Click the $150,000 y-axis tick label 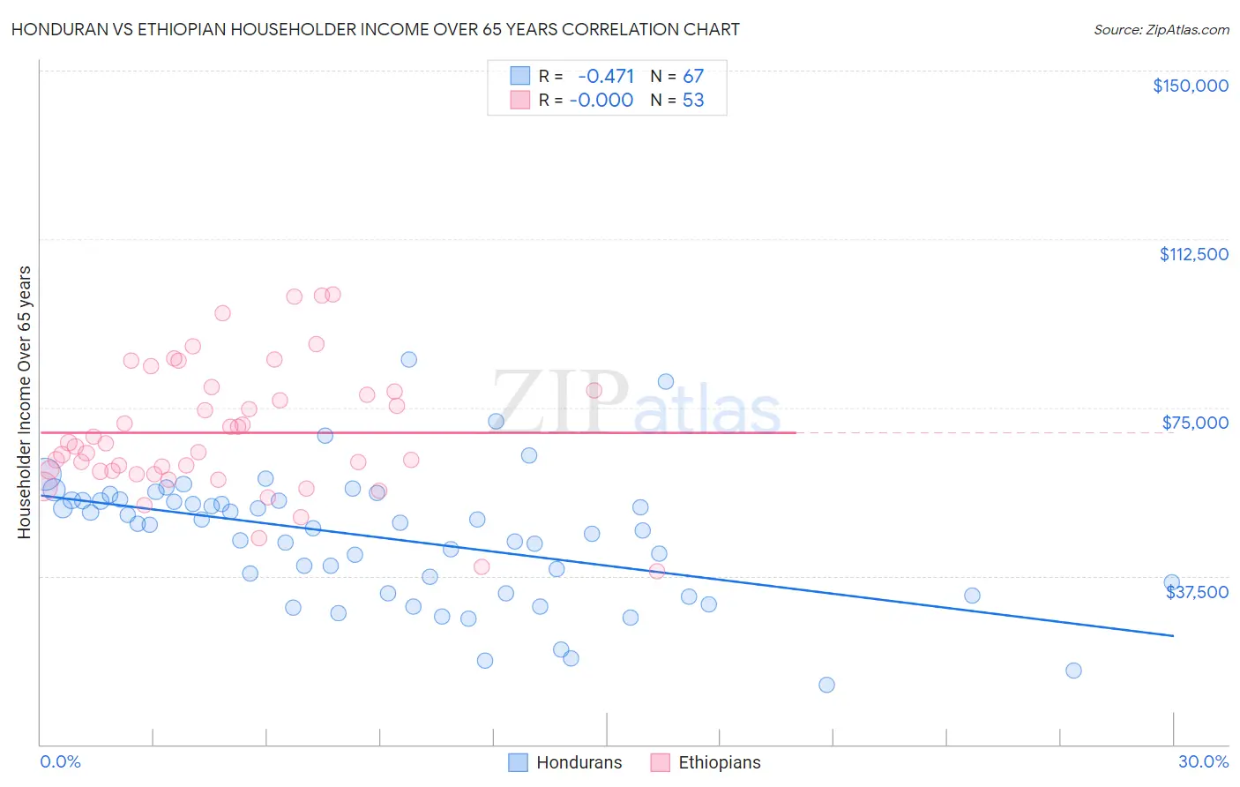[1190, 86]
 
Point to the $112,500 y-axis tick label [1193, 254]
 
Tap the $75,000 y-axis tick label [1194, 423]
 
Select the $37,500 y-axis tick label [1197, 592]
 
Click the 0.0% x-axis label [60, 761]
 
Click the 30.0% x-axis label [1203, 761]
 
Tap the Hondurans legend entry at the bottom [565, 762]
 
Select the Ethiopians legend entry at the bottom [706, 762]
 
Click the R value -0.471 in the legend [606, 76]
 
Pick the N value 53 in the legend [693, 101]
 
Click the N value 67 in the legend [693, 76]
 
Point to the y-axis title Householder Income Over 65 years [25, 401]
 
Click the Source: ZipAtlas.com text [1161, 29]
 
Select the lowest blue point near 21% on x [826, 685]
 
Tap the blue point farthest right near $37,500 [1171, 582]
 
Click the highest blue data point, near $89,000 [408, 359]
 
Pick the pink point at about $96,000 [222, 313]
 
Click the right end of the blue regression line [1173, 635]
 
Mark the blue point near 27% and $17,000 [1073, 671]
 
